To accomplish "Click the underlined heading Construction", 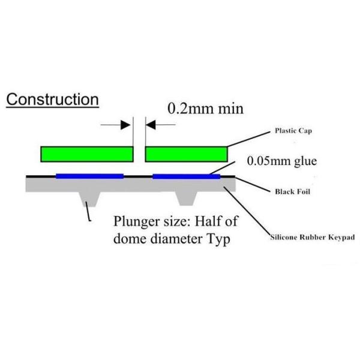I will [x=52, y=99].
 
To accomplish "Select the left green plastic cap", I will [x=86, y=155].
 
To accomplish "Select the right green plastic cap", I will [x=186, y=155].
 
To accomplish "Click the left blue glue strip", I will [x=89, y=176].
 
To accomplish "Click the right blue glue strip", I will [x=187, y=176].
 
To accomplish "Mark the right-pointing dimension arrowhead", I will [x=126, y=125].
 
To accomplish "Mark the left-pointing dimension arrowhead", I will [x=152, y=125].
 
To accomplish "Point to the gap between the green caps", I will [x=139, y=155].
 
